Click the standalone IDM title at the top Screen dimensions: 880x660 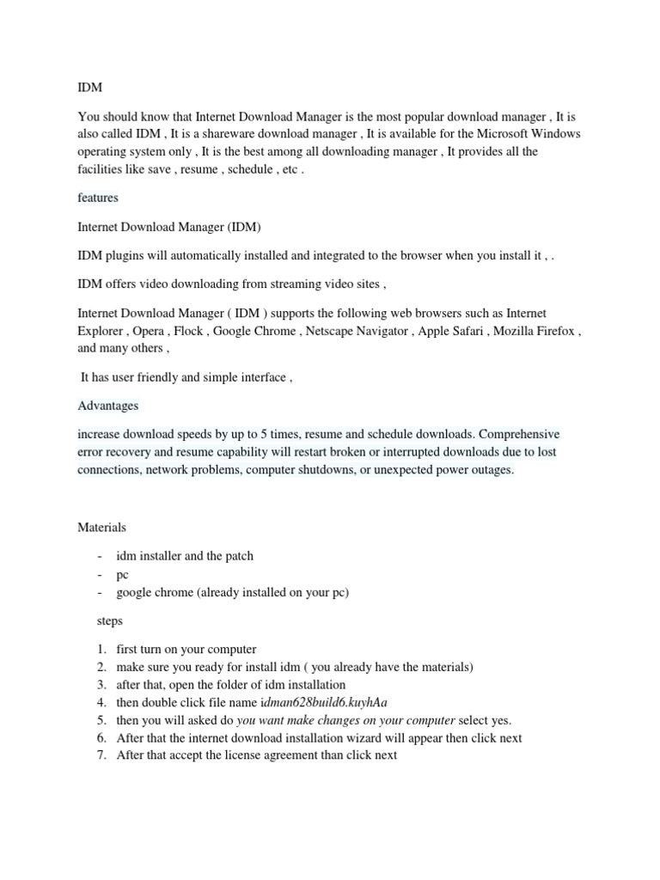89,88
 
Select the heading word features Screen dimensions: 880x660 98,198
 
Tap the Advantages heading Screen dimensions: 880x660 107,405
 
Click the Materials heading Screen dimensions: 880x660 101,527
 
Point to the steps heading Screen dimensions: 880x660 108,620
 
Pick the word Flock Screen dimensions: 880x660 188,331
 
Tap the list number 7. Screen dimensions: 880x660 101,755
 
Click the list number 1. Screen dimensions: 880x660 101,649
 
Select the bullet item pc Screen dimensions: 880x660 122,575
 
